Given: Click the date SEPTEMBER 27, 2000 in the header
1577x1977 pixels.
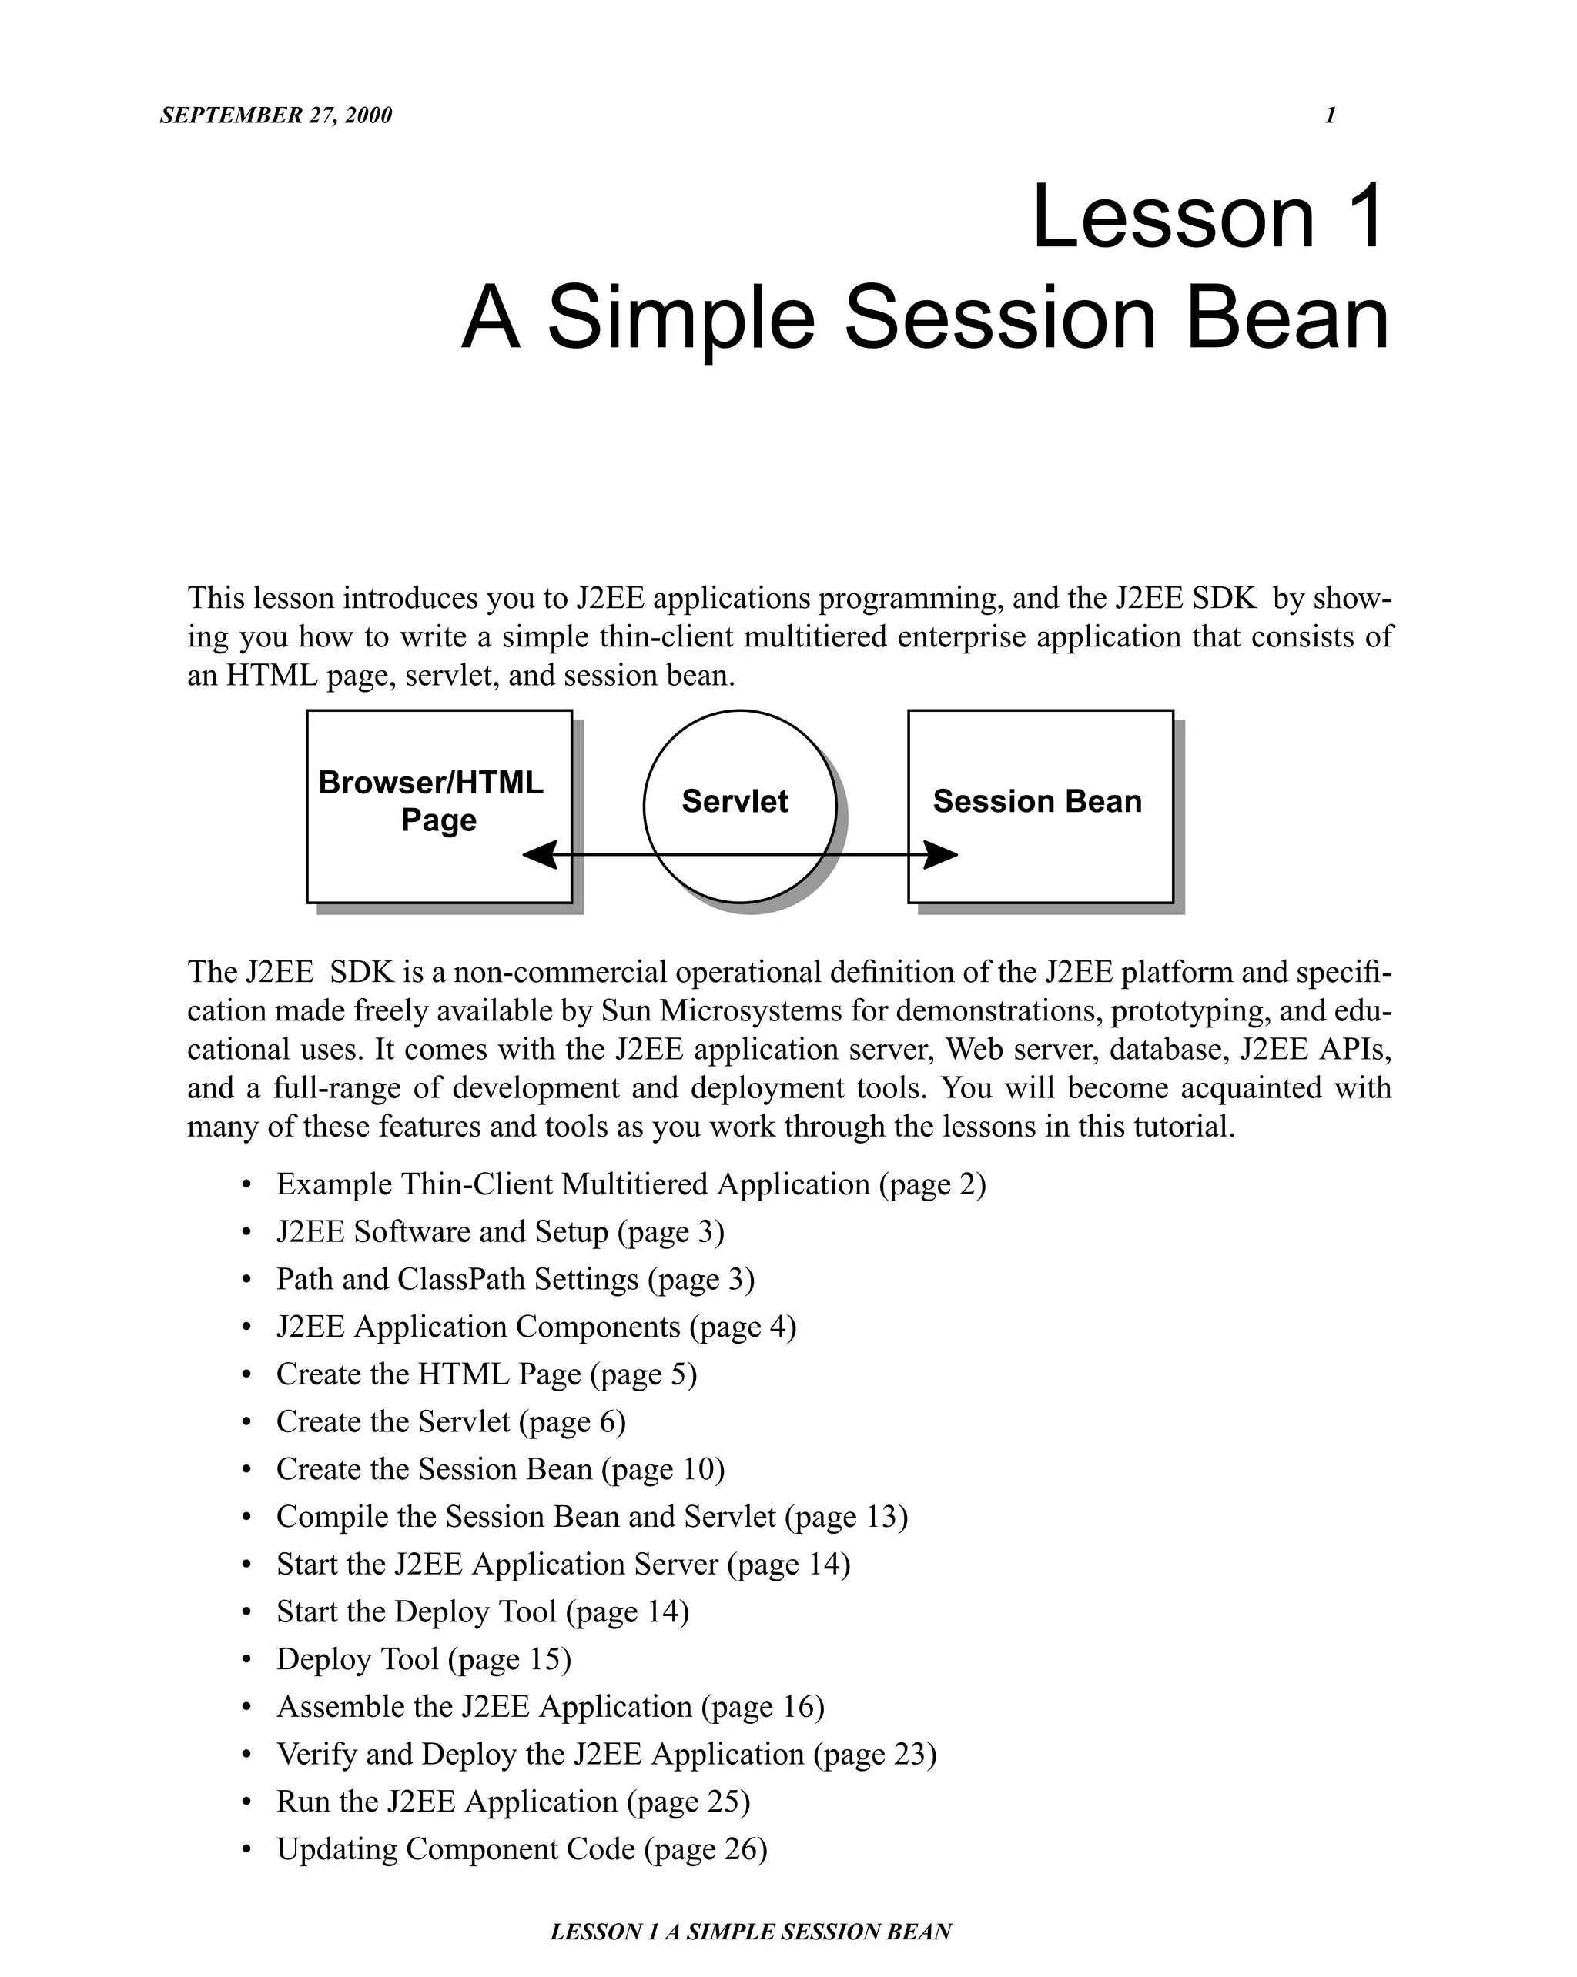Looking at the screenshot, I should tap(275, 115).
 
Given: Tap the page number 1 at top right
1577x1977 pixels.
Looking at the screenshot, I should tap(1329, 115).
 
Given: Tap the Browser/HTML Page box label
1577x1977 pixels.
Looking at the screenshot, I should tap(431, 800).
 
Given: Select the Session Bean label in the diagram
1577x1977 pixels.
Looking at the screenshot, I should tap(1036, 801).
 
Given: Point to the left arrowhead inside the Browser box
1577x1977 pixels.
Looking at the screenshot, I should tap(541, 856).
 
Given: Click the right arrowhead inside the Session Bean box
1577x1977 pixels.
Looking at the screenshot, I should tap(939, 856).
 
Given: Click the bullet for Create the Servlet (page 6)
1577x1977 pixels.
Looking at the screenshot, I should tap(450, 1422).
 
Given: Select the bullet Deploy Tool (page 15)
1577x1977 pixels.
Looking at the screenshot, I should tap(424, 1659).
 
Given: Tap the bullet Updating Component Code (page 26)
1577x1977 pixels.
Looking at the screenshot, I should tap(521, 1848).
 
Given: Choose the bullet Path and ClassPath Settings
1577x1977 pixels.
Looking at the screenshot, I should tap(514, 1279).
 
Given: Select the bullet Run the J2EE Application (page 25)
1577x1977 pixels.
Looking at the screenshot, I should tap(513, 1801).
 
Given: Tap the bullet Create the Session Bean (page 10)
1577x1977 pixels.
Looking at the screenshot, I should tap(500, 1469).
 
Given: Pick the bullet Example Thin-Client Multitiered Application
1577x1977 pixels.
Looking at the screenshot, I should tap(630, 1184).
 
